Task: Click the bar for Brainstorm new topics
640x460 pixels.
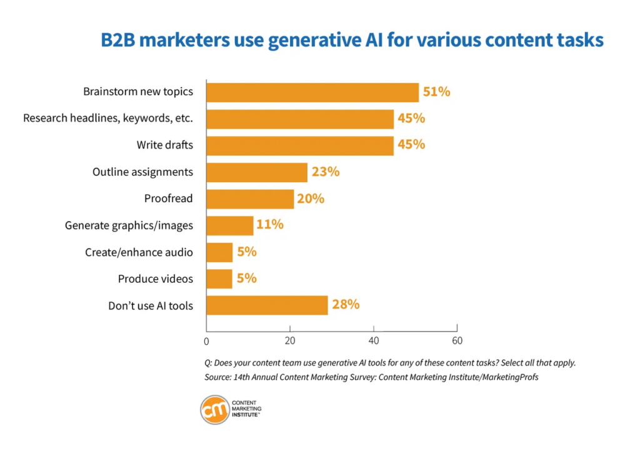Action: [x=312, y=92]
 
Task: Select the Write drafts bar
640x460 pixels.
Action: [x=300, y=145]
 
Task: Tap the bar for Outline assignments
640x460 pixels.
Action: [x=257, y=172]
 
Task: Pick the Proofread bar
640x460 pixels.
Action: [x=250, y=199]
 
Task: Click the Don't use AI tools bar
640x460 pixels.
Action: [x=267, y=305]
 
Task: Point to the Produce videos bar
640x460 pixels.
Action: [x=219, y=279]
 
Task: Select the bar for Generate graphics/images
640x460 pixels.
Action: [x=230, y=225]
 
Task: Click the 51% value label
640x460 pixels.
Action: [x=436, y=92]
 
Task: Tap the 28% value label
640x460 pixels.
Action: [x=346, y=305]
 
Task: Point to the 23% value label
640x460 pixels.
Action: [x=326, y=171]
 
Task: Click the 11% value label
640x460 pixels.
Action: [x=269, y=225]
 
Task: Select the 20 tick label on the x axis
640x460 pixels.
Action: [x=290, y=341]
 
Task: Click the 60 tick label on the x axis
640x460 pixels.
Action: [x=457, y=341]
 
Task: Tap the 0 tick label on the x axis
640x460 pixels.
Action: [x=206, y=341]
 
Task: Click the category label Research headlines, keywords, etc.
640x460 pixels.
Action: [x=108, y=118]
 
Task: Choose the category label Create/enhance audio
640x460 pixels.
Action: [x=139, y=252]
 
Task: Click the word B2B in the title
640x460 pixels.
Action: [x=123, y=41]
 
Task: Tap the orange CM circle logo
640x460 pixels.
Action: [x=214, y=410]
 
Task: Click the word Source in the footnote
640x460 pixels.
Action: [x=217, y=377]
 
